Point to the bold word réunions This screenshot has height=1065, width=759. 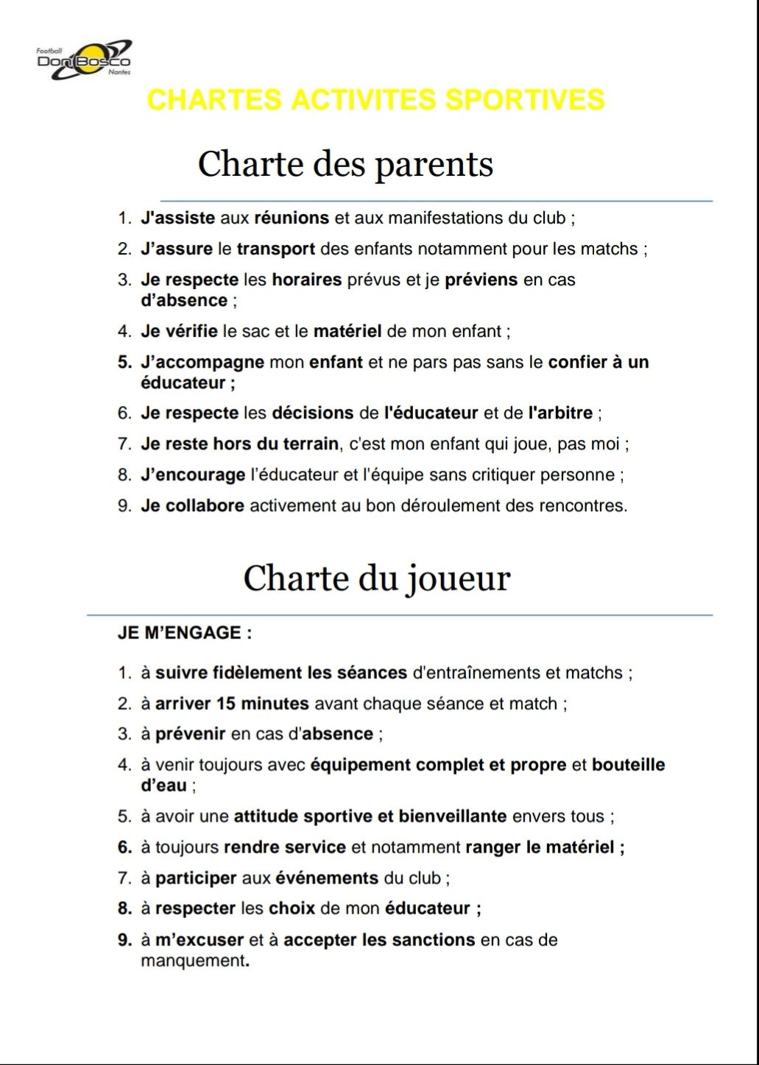[292, 218]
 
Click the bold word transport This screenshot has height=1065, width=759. [275, 249]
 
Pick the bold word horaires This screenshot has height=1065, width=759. [307, 279]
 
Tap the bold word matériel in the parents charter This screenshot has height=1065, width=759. [347, 331]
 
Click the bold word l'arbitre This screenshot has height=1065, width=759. [560, 413]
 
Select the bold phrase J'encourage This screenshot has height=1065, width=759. [193, 474]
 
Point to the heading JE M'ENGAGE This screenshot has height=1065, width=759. [185, 633]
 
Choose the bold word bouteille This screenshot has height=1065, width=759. [628, 764]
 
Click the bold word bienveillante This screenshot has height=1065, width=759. [452, 816]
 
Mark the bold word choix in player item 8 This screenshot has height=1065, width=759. [292, 908]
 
